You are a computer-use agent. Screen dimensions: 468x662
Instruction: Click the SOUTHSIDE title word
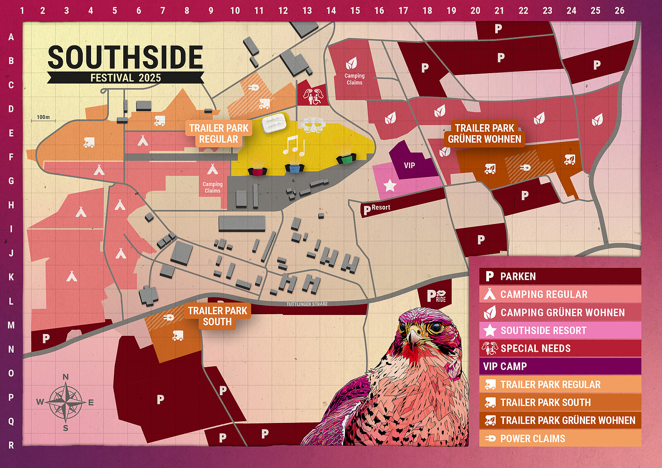coord(125,57)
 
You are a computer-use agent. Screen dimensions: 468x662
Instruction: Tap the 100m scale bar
coord(43,119)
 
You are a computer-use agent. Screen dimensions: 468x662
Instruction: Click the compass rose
coord(65,402)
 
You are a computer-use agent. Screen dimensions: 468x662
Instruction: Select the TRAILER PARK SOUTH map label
coord(217,316)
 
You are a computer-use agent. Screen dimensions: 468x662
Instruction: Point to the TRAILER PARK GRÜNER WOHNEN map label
coord(485,134)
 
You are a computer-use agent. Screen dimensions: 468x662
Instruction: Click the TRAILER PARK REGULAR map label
coord(218,134)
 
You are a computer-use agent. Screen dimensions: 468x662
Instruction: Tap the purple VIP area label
coord(409,165)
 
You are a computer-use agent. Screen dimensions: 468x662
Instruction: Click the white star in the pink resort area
coord(390,185)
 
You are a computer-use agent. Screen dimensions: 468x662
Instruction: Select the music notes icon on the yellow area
coord(294,146)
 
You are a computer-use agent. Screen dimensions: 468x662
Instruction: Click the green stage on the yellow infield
coord(346,158)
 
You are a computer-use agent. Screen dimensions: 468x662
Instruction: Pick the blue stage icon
coord(294,168)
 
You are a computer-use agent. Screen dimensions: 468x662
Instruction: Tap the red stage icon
coord(257,171)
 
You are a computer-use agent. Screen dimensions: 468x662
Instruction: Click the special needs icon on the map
coord(313,96)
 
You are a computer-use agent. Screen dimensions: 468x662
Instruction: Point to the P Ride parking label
coord(436,296)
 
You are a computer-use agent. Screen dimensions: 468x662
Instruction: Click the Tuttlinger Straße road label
coord(307,304)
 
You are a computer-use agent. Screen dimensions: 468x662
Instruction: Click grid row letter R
coord(11,445)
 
